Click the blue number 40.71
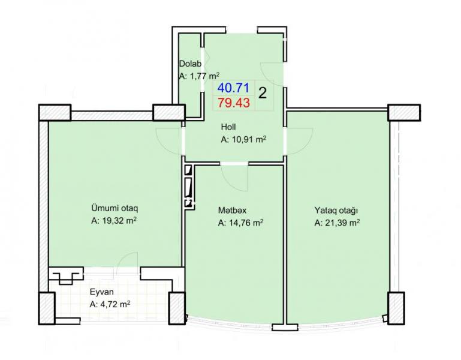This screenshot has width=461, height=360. pos(233,88)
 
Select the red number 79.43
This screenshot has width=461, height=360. pos(234,103)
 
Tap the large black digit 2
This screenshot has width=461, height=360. pos(262,94)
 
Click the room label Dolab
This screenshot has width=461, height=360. pos(191,64)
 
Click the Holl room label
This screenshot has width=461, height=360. pos(228,127)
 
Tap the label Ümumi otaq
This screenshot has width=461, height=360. pos(115,208)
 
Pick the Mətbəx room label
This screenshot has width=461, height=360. pos(232,211)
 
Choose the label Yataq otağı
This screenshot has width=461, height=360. pos(336,211)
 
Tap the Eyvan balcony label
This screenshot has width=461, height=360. pos(102,292)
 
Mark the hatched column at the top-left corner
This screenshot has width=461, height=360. pos(55,112)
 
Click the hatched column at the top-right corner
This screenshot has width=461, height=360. pos(404,112)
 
